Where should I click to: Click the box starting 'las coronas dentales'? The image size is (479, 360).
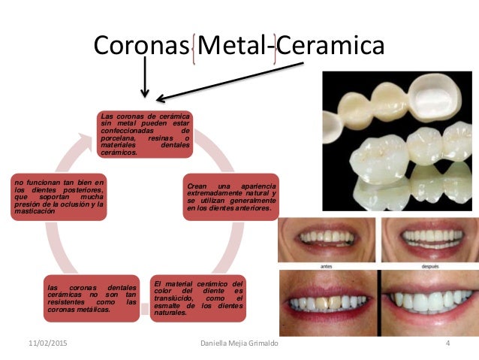(89, 298)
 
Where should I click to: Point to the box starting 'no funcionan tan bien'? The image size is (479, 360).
(58, 198)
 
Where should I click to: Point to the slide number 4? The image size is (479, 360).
(448, 343)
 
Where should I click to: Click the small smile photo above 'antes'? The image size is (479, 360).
(326, 239)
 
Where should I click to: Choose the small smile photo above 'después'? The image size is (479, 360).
(429, 239)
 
